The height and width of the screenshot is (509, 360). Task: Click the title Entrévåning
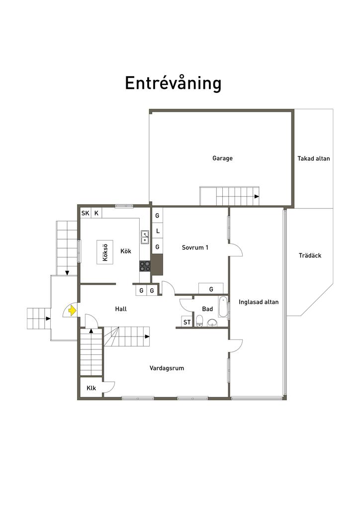coord(173,83)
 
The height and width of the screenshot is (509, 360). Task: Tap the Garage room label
coord(222,159)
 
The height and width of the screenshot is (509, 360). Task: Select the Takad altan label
coord(314,159)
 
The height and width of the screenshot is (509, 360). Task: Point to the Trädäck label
coord(310,255)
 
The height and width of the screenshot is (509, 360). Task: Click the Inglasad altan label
coord(259,302)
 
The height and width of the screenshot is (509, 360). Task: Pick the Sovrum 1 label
coord(195,248)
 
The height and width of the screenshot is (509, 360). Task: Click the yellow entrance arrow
coord(73,311)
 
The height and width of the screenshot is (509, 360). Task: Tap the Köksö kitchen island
coord(105,252)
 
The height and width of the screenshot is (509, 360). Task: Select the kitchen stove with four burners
coord(145,266)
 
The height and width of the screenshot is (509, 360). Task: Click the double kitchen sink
coord(145,237)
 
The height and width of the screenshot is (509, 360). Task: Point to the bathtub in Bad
coord(223,307)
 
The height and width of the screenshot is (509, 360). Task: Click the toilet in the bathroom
coord(199,321)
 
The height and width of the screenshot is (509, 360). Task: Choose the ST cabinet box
coord(187,322)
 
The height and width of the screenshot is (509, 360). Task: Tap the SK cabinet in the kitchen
coord(86,213)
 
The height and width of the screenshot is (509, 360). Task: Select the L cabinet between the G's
coord(158,231)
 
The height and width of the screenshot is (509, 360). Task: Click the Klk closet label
coord(91,388)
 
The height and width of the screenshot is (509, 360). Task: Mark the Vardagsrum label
coord(167,368)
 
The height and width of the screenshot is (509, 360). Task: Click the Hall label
coord(121,309)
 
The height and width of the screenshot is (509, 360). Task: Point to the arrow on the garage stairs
coord(257,196)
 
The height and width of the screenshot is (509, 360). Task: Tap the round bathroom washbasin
coord(212,322)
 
